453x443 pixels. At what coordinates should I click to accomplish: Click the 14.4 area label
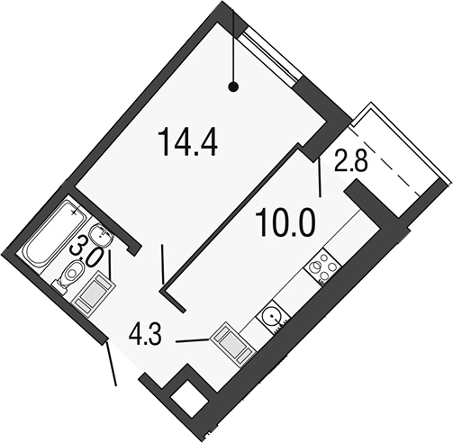pyautogui.click(x=189, y=141)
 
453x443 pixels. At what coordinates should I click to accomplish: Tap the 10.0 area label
pyautogui.click(x=287, y=222)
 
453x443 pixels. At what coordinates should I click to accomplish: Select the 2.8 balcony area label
pyautogui.click(x=351, y=161)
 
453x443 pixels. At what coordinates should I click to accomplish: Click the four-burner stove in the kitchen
pyautogui.click(x=323, y=267)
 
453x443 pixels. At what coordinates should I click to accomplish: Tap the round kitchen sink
pyautogui.click(x=273, y=317)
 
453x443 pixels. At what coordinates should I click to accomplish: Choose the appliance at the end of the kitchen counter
pyautogui.click(x=233, y=344)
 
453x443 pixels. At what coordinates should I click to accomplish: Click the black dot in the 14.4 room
pyautogui.click(x=233, y=87)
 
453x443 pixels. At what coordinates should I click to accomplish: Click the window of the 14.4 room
pyautogui.click(x=271, y=55)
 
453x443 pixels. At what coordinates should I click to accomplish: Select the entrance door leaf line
pyautogui.click(x=111, y=364)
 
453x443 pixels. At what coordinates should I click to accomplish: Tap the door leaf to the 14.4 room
pyautogui.click(x=162, y=265)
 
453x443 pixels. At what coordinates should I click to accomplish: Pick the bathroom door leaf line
pyautogui.click(x=110, y=265)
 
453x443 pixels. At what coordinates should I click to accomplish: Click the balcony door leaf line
pyautogui.click(x=320, y=177)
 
